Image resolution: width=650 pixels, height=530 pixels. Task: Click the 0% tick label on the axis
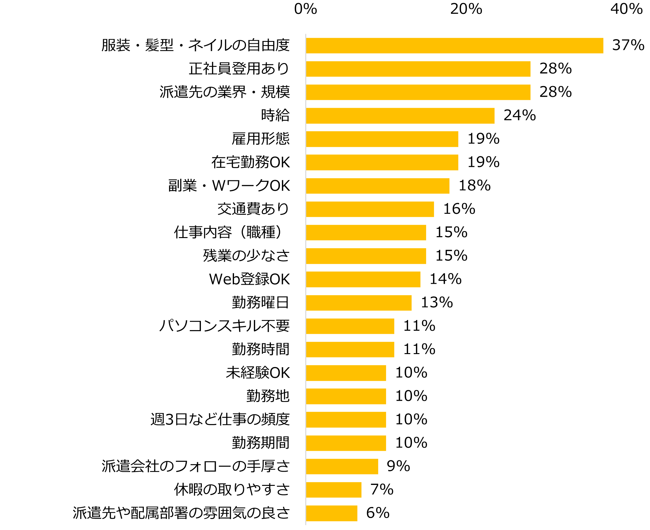point(305,9)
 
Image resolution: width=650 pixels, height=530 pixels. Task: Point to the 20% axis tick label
point(466,9)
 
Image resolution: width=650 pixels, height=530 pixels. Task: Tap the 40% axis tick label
point(626,9)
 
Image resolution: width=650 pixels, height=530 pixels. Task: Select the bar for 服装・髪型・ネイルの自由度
point(454,45)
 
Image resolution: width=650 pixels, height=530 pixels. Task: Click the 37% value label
point(628,45)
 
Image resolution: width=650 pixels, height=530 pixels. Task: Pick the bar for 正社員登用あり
point(418,69)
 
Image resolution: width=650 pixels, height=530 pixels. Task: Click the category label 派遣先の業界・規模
point(225,92)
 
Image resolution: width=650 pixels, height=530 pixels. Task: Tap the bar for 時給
point(400,116)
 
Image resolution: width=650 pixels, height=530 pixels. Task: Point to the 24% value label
point(519,115)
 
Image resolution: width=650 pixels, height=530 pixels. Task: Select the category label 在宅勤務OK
point(250,162)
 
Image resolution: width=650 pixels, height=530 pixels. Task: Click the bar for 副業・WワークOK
point(378,186)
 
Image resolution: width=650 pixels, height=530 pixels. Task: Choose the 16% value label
point(459,209)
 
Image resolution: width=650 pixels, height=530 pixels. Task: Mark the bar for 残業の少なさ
point(366,256)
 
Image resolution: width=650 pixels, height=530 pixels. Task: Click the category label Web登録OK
point(249,279)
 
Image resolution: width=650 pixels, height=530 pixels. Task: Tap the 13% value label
point(437,303)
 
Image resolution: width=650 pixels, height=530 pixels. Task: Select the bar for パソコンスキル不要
point(350,326)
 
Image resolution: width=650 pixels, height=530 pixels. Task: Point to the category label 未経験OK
point(258,373)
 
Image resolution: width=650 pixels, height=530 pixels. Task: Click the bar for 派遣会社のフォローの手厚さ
point(342,466)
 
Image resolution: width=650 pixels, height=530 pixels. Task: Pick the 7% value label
point(382,490)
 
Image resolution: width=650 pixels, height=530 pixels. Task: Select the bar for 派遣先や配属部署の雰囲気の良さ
point(331,513)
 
